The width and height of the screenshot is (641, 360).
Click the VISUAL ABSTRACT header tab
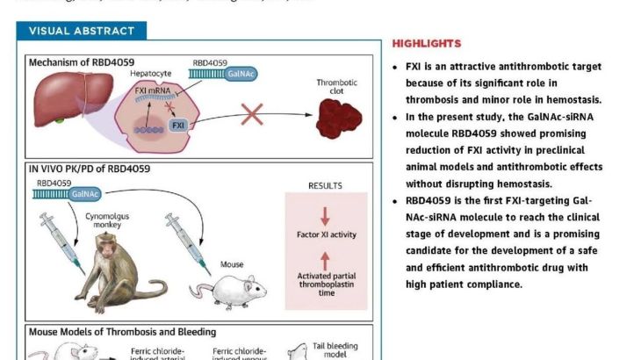82,31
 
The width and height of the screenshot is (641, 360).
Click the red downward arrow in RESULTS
326,216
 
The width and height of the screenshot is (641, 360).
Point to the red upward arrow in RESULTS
326,260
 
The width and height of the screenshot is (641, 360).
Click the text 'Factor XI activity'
326,235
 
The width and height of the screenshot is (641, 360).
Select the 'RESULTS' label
326,186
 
